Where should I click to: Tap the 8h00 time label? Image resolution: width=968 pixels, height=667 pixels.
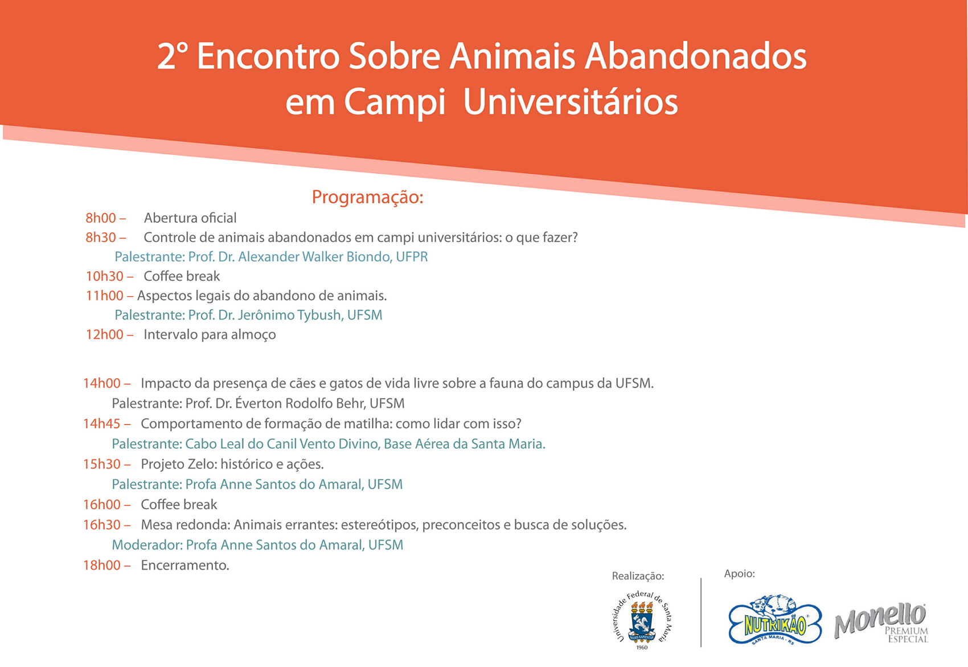(101, 218)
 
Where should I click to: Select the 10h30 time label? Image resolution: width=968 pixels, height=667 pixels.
(105, 276)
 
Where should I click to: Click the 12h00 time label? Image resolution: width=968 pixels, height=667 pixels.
(105, 334)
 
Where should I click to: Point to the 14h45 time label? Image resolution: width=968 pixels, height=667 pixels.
(101, 424)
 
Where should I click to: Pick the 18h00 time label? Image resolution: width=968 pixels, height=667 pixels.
(101, 566)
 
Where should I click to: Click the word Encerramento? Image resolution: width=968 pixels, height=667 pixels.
(185, 566)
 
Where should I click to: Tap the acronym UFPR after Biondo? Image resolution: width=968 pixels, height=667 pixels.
(412, 257)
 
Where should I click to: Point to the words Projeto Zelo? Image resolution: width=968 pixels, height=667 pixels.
(179, 464)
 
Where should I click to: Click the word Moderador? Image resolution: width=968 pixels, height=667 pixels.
(147, 545)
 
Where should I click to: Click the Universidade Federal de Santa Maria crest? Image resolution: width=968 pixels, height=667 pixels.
(642, 620)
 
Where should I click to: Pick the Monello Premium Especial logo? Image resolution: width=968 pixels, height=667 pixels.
(881, 623)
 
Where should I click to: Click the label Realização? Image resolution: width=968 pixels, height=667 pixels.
(638, 576)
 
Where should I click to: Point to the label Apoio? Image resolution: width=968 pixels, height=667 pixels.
(740, 574)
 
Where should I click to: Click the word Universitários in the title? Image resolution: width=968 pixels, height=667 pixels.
(571, 103)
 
